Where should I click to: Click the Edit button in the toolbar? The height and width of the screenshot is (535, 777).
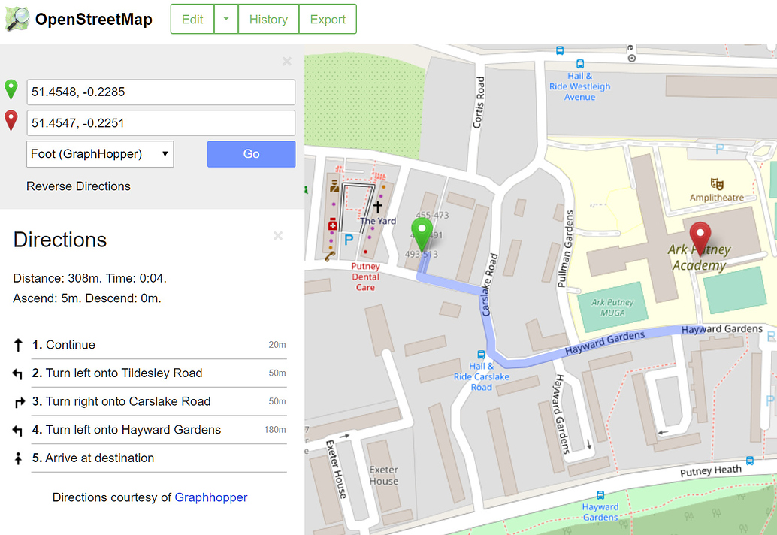coord(192,20)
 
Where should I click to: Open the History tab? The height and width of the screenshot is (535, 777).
coord(268,20)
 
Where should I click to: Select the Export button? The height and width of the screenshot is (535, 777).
coord(328,20)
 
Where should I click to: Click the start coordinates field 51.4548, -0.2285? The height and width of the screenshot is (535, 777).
coord(161,92)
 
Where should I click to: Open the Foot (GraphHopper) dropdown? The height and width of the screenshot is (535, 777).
coord(100,154)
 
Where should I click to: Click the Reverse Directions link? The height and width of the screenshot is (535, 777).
coord(78,186)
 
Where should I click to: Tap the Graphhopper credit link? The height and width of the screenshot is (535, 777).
coord(210,497)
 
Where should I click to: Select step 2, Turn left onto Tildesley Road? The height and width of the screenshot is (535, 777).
coord(124,373)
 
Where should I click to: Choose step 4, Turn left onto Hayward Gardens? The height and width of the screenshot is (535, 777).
coord(133,430)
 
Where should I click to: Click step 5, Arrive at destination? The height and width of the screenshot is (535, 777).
coord(99,458)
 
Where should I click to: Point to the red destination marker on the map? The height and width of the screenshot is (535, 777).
coord(700,237)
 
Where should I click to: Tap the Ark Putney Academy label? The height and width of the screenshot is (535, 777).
coord(699,257)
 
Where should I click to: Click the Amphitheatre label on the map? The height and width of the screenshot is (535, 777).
coord(717,198)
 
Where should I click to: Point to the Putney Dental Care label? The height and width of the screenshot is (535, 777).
coord(365,277)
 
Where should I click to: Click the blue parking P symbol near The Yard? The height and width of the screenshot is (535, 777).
coord(348,240)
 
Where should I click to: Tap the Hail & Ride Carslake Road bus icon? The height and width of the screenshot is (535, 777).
coord(481,355)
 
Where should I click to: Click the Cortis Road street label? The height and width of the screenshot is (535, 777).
coord(479,102)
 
